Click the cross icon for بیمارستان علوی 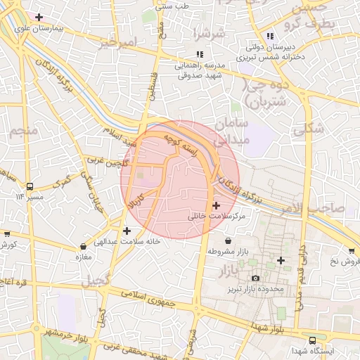click(39, 17)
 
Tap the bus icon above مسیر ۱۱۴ click(30, 186)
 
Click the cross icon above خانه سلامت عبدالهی click(127, 230)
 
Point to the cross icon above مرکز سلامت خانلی click(215, 206)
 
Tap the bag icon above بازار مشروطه click(229, 240)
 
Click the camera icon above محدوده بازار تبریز click(255, 278)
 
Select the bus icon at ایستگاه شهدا click(313, 340)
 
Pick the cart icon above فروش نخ click(352, 251)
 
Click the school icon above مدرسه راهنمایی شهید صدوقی click(200, 54)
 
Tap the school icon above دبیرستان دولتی click(270, 37)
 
